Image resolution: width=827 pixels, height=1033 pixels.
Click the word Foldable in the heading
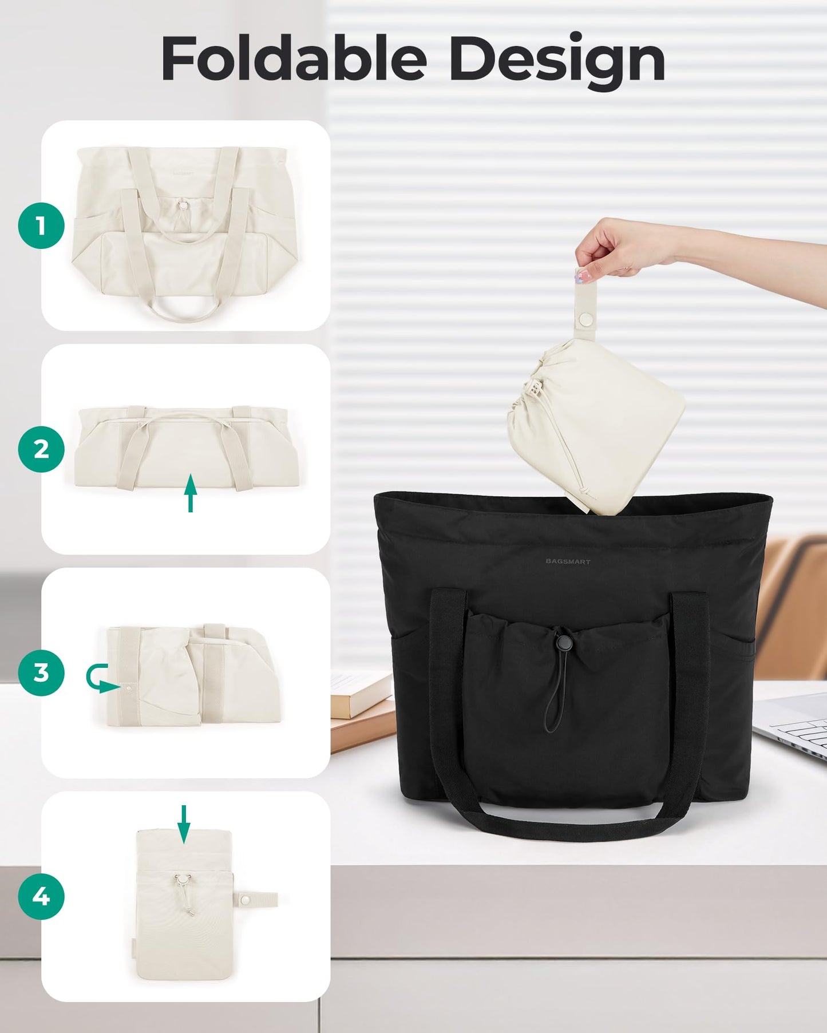coord(294,58)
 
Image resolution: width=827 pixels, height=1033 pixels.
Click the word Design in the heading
coord(556,61)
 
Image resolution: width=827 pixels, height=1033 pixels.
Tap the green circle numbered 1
coord(41,225)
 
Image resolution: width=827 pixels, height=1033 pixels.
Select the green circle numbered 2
coord(41,449)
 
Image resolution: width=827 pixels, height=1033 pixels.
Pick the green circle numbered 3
coord(41,672)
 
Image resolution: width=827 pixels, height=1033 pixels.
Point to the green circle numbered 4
coord(41,896)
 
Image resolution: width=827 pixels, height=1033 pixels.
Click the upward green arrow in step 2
coord(191,492)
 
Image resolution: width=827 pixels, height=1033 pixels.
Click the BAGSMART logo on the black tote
coord(568,561)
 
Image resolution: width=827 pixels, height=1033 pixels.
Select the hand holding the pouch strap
coord(618,246)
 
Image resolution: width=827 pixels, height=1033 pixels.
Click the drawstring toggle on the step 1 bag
coord(183,205)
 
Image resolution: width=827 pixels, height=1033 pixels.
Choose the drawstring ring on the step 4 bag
coord(182,878)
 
